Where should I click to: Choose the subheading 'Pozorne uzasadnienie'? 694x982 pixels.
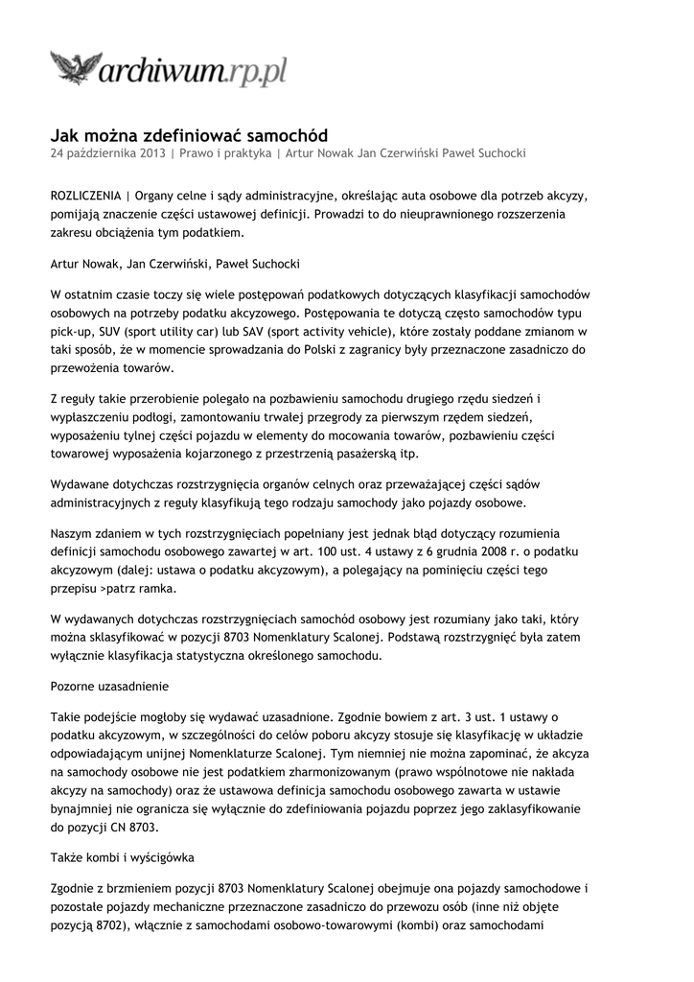[109, 687]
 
